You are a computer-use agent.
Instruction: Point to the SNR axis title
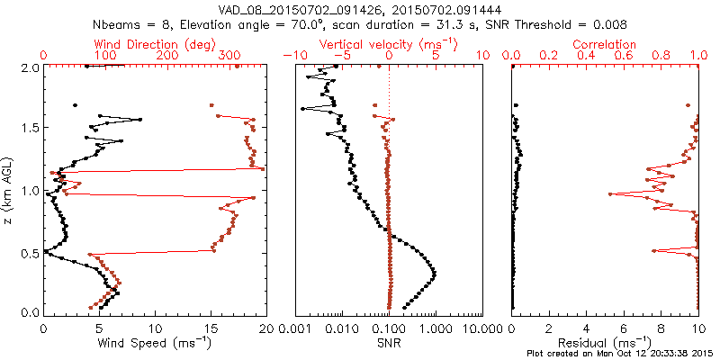[389, 343]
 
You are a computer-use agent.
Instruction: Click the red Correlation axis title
[605, 44]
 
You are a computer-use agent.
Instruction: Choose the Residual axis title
[605, 343]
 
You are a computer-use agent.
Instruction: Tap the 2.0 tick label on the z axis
[29, 67]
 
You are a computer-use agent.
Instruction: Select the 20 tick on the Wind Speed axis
[265, 329]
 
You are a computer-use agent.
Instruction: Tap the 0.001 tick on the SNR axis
[296, 329]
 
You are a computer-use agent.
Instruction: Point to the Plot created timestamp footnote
[620, 354]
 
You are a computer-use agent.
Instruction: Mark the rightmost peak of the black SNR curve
[436, 273]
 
